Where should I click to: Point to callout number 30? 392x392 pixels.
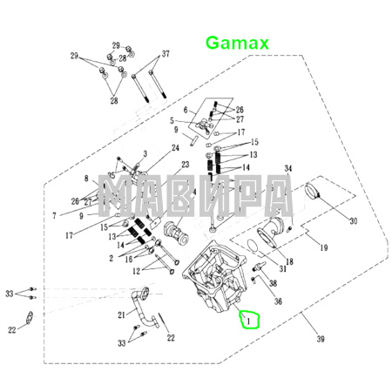click(353, 221)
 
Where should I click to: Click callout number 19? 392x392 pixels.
click(323, 248)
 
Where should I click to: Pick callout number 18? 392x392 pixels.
click(289, 261)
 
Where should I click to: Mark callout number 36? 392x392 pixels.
click(278, 301)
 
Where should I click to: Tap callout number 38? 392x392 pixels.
click(273, 284)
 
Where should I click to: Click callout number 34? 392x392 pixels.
click(288, 168)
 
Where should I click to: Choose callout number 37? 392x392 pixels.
click(166, 54)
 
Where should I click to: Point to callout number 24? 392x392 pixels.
click(175, 148)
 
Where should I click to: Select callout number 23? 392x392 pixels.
click(185, 165)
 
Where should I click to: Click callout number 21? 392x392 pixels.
click(122, 314)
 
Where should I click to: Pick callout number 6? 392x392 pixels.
click(185, 109)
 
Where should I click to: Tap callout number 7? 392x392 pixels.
click(54, 214)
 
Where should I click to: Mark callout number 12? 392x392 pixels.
click(137, 272)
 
